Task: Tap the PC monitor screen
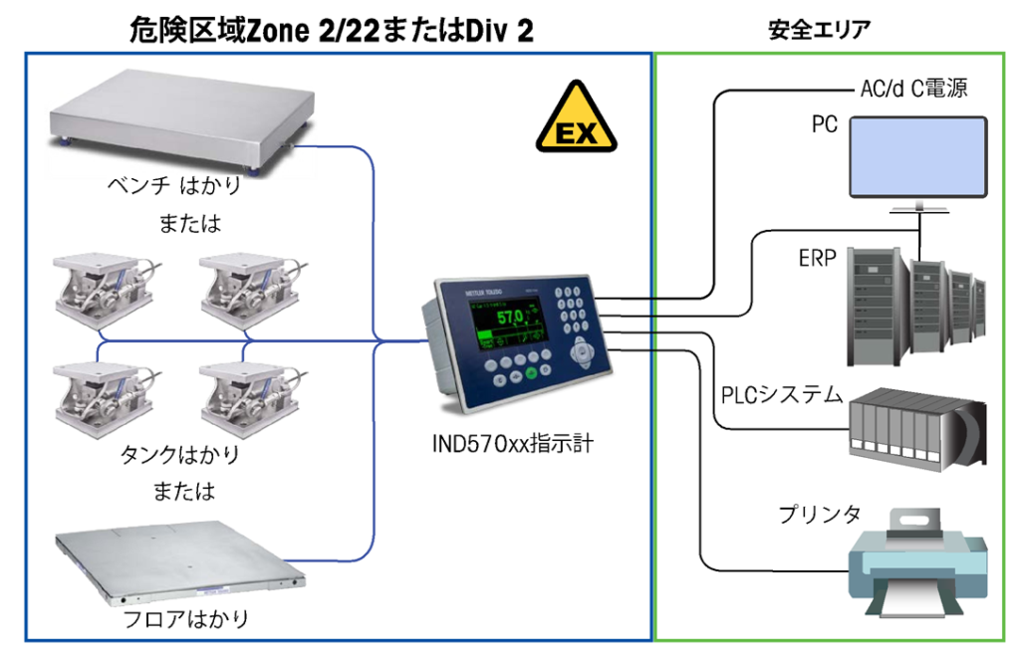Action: [x=916, y=156]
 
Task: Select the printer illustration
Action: [x=913, y=563]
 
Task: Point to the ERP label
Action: [x=817, y=258]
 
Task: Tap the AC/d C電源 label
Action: [x=913, y=90]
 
